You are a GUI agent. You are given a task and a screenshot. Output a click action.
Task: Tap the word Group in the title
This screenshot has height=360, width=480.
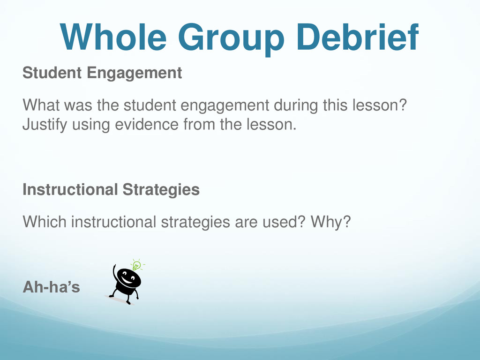click(231, 39)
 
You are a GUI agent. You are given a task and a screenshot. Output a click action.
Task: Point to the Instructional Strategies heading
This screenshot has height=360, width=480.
click(111, 190)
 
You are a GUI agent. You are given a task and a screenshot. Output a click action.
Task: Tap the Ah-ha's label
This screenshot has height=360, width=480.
click(52, 287)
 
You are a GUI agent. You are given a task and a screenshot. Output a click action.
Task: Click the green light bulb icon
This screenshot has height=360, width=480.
click(137, 265)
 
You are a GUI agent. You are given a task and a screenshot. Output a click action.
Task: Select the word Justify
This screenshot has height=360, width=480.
click(45, 125)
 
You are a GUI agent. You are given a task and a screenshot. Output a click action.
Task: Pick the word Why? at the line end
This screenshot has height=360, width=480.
click(330, 222)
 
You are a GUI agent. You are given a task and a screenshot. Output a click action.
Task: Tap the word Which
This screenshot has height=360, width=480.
click(45, 222)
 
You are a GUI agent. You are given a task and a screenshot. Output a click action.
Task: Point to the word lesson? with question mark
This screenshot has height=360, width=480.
click(380, 105)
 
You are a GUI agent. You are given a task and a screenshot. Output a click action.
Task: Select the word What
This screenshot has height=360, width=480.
click(41, 105)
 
